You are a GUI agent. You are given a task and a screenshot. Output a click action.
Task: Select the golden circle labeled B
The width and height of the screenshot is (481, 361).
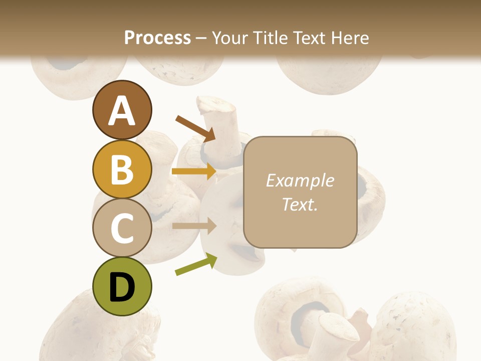(x=122, y=169)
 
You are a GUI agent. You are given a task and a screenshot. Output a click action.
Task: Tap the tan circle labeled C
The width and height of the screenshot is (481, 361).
(x=122, y=228)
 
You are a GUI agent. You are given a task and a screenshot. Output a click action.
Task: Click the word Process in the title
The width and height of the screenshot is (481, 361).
(x=157, y=38)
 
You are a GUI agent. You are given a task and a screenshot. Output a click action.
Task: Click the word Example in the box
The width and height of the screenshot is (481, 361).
(x=300, y=180)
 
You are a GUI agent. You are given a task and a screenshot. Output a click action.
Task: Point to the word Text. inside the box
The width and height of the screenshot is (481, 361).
(x=300, y=204)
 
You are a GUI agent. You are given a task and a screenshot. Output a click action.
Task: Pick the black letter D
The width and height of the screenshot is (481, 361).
(x=122, y=288)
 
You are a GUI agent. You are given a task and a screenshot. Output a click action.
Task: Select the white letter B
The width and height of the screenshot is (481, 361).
(x=122, y=170)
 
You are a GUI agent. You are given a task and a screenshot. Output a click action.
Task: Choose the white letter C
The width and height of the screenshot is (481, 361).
(x=122, y=229)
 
